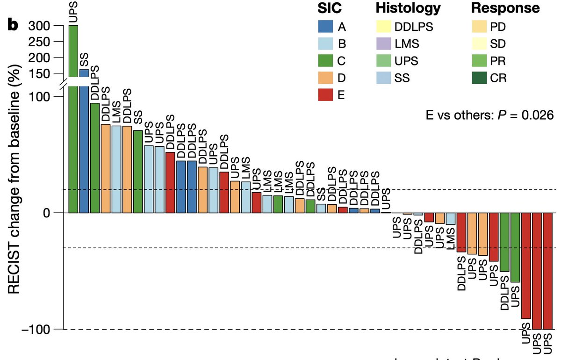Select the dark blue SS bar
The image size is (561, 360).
pos(84,140)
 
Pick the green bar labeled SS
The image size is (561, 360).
pos(138,171)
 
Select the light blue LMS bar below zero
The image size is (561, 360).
pos(451,218)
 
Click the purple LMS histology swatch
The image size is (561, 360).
pos(386,43)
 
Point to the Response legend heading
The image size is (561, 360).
pos(505,8)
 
